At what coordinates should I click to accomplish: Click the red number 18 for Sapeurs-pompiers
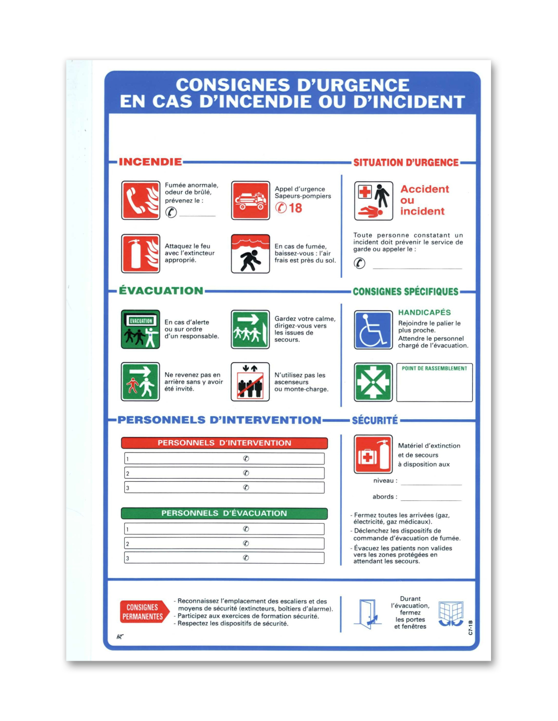tap(295, 208)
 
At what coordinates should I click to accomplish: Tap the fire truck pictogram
tap(251, 200)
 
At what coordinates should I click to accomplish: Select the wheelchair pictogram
tap(373, 330)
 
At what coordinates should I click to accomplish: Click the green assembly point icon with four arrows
tap(373, 382)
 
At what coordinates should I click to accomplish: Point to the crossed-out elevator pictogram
tap(250, 382)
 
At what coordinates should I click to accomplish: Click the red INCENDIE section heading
tap(150, 162)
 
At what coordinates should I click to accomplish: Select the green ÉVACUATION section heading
tap(161, 291)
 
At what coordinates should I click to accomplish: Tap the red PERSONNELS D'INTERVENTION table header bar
tap(224, 443)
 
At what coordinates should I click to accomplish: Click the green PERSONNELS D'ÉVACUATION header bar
tap(224, 513)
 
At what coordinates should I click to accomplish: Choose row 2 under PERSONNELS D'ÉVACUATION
tap(224, 544)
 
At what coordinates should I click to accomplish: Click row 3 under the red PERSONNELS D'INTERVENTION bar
tap(224, 488)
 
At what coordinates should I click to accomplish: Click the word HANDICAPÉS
tap(424, 312)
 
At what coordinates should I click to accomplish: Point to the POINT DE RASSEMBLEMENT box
tap(434, 383)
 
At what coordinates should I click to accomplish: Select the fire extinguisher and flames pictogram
tap(141, 254)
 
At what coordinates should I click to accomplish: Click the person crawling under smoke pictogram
tap(251, 254)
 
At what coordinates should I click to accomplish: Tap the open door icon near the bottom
tap(368, 614)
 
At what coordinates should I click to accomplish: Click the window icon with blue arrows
tap(451, 614)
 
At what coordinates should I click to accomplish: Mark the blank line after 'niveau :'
tap(431, 482)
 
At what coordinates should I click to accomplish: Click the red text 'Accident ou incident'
tap(424, 200)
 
